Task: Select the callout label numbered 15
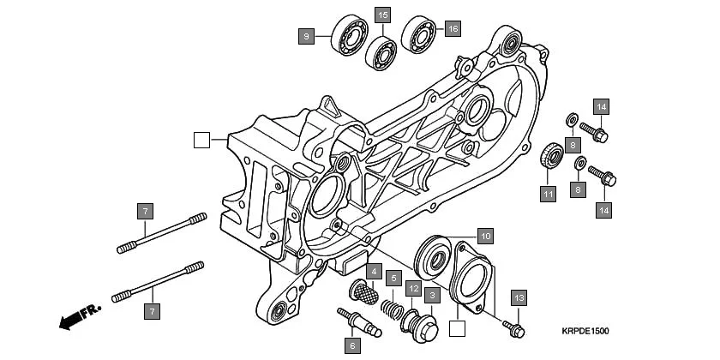coord(382,15)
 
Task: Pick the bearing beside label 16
coord(421,33)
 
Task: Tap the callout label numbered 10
coord(484,235)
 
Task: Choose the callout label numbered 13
coord(519,297)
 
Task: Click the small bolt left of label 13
coord(513,325)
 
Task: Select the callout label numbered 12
coord(412,289)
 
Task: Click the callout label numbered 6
coord(352,346)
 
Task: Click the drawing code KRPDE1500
coord(586,331)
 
